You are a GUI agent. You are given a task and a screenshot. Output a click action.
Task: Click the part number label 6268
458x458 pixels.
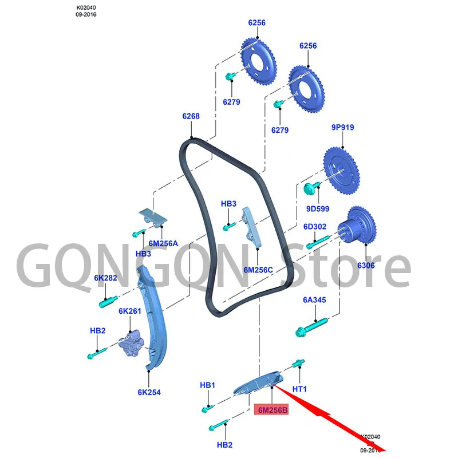point(191,116)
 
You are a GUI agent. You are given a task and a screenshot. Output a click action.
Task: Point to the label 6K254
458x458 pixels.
point(149,392)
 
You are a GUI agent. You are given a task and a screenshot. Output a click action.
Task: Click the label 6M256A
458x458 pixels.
point(163,243)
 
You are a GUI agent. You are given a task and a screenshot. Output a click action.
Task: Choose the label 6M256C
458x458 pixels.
point(258,269)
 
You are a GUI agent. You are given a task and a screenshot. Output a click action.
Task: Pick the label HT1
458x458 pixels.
point(300,389)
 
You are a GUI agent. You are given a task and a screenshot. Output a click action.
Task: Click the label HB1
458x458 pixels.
point(207,385)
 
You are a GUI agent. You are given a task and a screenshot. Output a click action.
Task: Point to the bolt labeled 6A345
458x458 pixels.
point(311,330)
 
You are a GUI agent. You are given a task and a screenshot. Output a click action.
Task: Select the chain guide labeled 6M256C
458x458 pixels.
point(251,227)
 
